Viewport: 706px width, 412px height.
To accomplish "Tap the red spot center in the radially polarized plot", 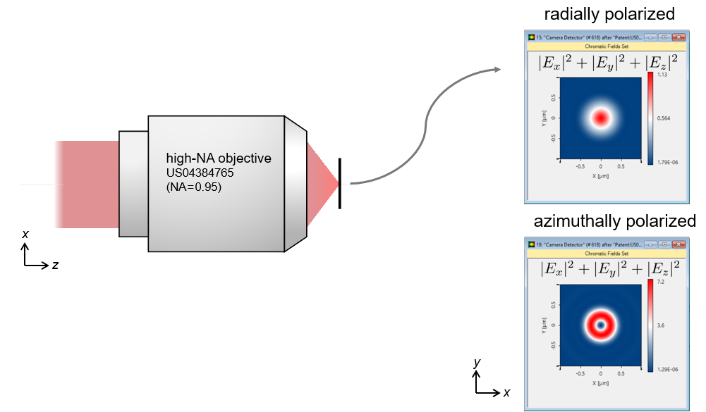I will click(600, 118).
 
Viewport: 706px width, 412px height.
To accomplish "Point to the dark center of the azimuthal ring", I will click(600, 325).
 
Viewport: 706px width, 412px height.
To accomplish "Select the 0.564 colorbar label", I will click(664, 118).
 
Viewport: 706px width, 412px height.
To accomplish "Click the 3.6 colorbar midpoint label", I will click(661, 325).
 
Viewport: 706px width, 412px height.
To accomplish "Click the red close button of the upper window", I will click(678, 37).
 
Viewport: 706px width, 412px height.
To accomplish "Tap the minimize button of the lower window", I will click(650, 244).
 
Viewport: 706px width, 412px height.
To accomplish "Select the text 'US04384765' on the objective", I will click(199, 173).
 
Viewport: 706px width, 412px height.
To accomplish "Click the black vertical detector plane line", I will click(339, 183).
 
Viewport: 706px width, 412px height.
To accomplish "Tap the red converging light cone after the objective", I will click(321, 182).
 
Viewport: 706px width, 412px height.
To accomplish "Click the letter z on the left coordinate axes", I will click(54, 266).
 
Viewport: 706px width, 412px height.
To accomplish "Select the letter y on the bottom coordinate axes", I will click(477, 363).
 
